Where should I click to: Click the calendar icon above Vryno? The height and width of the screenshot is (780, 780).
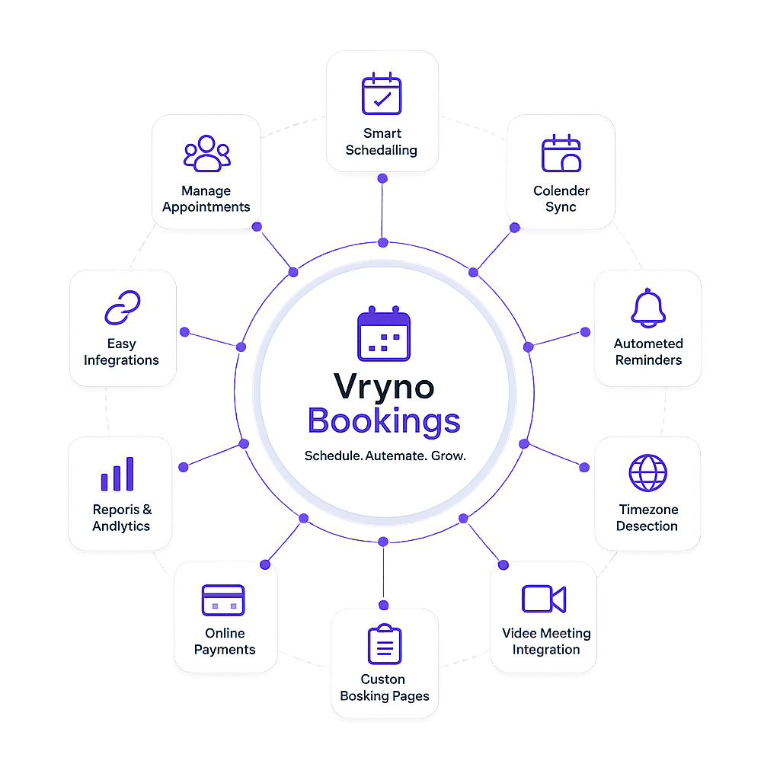pos(384,334)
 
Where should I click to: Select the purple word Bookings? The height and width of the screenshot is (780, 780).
pos(384,420)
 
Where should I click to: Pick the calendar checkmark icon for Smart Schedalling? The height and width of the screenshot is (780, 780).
pos(382,94)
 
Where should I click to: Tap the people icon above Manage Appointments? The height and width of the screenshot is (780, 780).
pos(207,153)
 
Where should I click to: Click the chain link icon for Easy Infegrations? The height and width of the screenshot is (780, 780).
pos(123,308)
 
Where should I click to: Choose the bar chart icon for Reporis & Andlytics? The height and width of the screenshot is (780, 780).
pos(117,474)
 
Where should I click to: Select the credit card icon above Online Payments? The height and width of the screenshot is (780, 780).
pos(223,600)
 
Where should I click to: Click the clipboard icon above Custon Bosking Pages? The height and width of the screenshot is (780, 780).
pos(385,644)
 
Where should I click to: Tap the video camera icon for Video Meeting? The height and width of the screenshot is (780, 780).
pos(544,599)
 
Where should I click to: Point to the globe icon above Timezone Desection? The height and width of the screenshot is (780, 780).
pos(647,472)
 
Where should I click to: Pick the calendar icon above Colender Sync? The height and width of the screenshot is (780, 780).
pos(561,153)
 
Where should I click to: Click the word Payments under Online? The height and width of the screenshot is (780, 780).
pos(225,650)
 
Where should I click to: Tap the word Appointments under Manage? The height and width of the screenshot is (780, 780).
pos(206,207)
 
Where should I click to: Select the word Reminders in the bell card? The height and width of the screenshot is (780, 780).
pos(648,360)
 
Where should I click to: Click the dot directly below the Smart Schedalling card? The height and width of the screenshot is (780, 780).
pos(382,178)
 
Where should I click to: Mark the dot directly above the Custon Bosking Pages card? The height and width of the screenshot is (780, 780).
pos(383,606)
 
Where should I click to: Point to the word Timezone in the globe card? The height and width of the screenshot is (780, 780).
pos(648,510)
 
